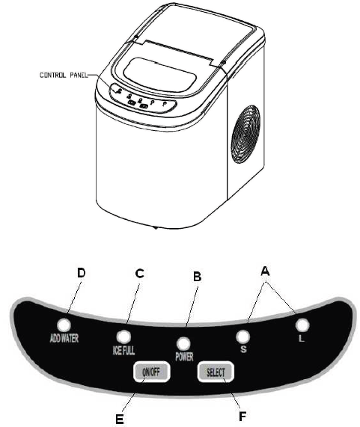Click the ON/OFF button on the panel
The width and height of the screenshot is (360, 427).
tap(151, 372)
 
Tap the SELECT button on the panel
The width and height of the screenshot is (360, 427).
tap(216, 372)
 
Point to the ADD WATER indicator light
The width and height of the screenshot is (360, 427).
tap(64, 325)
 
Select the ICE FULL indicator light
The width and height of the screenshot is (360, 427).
tap(123, 337)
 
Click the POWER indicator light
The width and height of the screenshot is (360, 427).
tap(183, 344)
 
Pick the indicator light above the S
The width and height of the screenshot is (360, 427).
tap(242, 337)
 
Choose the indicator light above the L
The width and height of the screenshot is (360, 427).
tap(302, 325)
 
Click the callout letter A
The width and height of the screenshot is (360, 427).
tap(265, 271)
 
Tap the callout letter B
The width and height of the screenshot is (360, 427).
tap(197, 277)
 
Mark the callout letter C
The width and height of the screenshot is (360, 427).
tap(139, 274)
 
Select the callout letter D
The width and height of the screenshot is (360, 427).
tap(82, 273)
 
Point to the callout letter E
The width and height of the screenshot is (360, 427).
tap(119, 419)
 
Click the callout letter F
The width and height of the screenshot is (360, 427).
tap(242, 416)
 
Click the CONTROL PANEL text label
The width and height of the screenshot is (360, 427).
tap(64, 75)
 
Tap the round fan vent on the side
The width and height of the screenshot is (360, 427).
tap(245, 135)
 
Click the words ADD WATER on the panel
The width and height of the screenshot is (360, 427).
tap(64, 338)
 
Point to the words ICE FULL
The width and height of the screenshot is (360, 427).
tap(123, 350)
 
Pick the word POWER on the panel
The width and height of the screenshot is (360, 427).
tap(184, 357)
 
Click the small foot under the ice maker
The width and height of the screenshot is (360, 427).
tap(156, 227)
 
